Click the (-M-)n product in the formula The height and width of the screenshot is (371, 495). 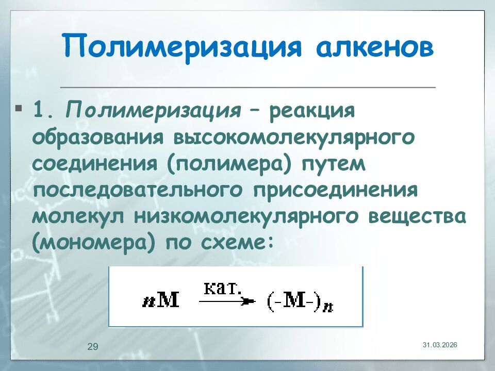(298, 302)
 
